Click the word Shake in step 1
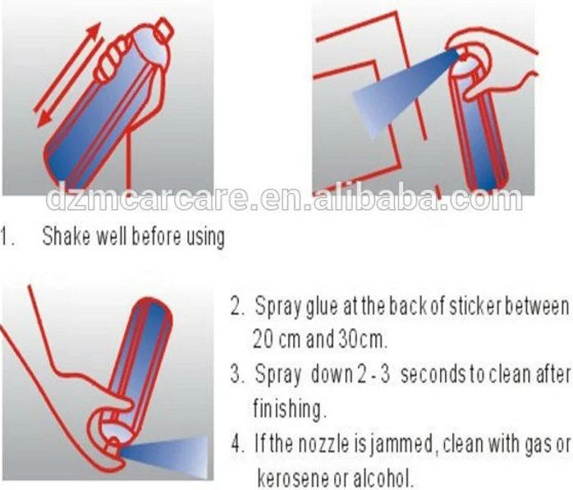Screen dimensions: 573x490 coord(66,236)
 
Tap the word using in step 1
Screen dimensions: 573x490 coord(206,237)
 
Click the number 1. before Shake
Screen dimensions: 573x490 coord(7,236)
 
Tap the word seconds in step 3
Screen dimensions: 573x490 coord(433,374)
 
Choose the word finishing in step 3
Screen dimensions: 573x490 coord(289,409)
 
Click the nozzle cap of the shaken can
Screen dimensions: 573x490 coord(163,30)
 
